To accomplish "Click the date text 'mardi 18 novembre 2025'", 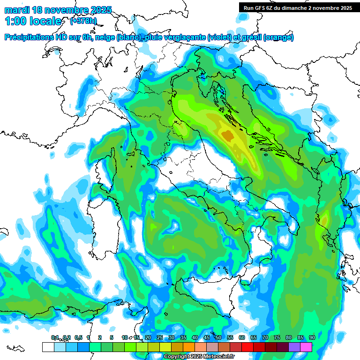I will click(58, 10).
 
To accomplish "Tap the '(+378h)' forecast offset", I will click(83, 21).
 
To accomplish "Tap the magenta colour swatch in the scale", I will click(306, 347).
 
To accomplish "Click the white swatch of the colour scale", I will click(48, 347).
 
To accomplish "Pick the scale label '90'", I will click(312, 337).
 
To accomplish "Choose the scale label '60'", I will click(241, 337).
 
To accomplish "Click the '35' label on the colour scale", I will click(183, 337).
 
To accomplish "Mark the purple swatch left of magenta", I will click(294, 347).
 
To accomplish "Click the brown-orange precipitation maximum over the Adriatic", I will click(228, 136).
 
